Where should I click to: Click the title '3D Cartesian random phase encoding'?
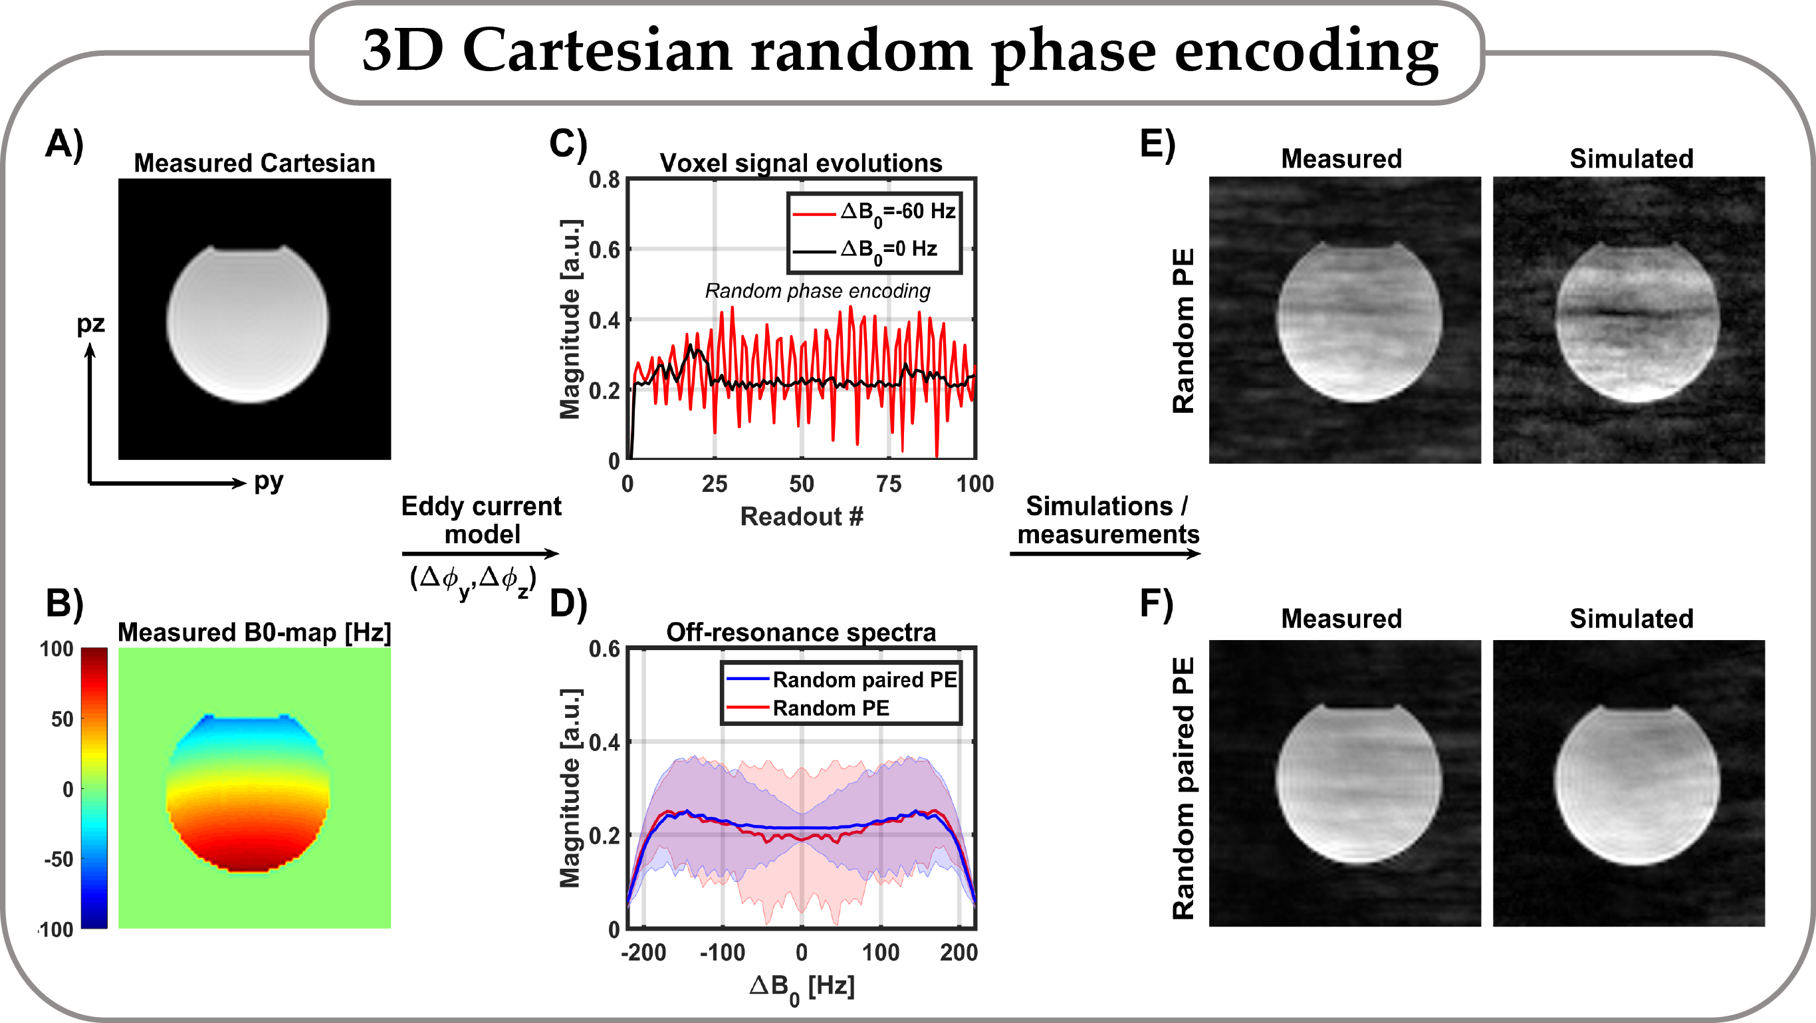coord(899,51)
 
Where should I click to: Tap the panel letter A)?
coord(65,144)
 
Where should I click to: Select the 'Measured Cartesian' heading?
coord(255,163)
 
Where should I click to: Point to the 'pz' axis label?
coord(90,324)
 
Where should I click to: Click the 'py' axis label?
coord(268,481)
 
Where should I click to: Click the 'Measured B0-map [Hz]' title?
coord(254,632)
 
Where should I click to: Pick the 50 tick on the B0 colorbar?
coord(62,719)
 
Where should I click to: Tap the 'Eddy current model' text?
coord(481,520)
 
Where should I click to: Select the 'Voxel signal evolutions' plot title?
coord(801,163)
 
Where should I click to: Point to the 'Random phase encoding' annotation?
coord(817,290)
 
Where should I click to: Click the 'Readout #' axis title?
coord(802,516)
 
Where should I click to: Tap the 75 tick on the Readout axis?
coord(888,484)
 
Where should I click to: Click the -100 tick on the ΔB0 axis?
coord(722,953)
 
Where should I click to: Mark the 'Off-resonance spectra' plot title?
coord(801,632)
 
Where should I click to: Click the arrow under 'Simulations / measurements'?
coord(1105,554)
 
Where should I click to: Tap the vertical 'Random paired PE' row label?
coord(1184,788)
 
